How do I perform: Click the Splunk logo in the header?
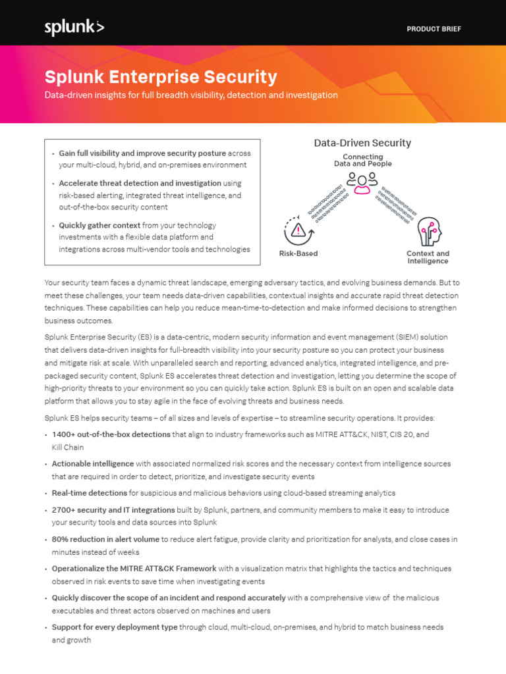pyautogui.click(x=74, y=28)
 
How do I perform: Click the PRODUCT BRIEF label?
pyautogui.click(x=434, y=29)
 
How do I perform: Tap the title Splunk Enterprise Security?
pyautogui.click(x=161, y=77)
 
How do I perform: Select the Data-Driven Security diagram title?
pyautogui.click(x=362, y=143)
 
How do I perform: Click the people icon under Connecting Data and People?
pyautogui.click(x=362, y=182)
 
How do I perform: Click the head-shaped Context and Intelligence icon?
pyautogui.click(x=428, y=231)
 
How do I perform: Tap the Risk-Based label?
pyautogui.click(x=298, y=253)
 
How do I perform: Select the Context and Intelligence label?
pyautogui.click(x=428, y=257)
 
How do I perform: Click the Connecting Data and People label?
pyautogui.click(x=362, y=160)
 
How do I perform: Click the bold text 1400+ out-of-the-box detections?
pyautogui.click(x=111, y=434)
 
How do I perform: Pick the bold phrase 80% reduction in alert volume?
pyautogui.click(x=105, y=539)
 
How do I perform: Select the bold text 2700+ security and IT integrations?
pyautogui.click(x=113, y=509)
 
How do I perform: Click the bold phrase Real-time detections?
pyautogui.click(x=90, y=493)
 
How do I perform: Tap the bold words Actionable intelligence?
pyautogui.click(x=93, y=464)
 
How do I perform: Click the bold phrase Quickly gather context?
pyautogui.click(x=99, y=225)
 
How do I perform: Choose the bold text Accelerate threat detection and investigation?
pyautogui.click(x=140, y=183)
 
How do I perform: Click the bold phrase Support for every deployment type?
pyautogui.click(x=115, y=627)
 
